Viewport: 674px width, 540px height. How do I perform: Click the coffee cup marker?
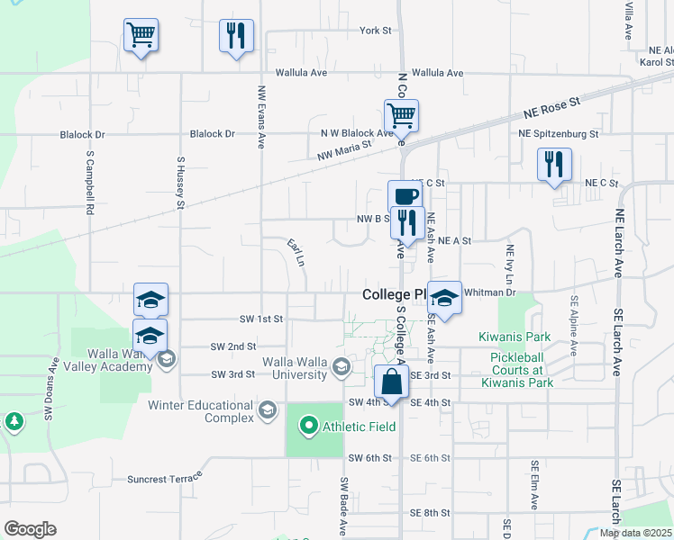click(x=404, y=195)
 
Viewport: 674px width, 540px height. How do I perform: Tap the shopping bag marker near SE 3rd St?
click(x=392, y=382)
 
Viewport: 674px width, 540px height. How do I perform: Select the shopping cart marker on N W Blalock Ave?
click(x=401, y=115)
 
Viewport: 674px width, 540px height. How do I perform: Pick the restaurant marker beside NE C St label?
click(x=552, y=164)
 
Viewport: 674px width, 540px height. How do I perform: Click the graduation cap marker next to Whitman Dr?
click(x=444, y=297)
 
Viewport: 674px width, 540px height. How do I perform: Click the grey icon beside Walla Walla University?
click(x=341, y=365)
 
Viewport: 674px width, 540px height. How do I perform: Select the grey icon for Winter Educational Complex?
click(x=267, y=410)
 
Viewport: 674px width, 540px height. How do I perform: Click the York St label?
click(x=376, y=31)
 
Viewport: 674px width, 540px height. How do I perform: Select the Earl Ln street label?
click(x=296, y=251)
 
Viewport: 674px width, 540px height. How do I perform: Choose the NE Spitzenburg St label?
click(x=559, y=134)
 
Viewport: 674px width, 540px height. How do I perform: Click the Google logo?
click(x=30, y=529)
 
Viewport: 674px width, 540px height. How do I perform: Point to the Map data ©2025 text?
click(x=635, y=533)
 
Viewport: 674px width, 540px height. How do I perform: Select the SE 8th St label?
click(x=430, y=513)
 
